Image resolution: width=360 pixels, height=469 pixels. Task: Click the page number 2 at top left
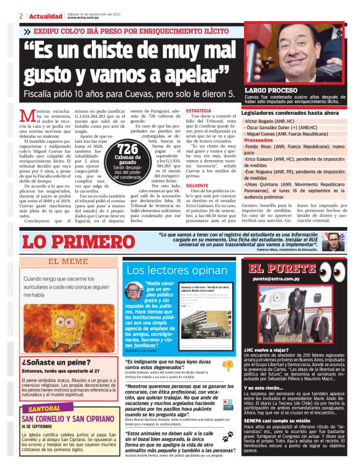21,16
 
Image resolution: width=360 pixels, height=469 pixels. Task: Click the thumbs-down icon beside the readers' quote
227,295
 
